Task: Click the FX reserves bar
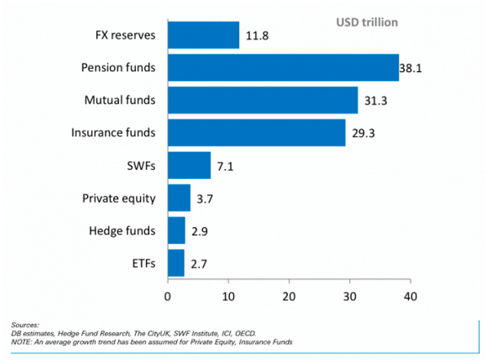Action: click(203, 35)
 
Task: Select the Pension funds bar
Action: click(283, 68)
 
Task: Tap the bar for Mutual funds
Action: click(262, 100)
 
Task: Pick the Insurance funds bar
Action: click(256, 132)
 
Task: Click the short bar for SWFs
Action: click(189, 165)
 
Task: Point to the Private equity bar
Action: click(179, 198)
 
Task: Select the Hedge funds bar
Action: click(176, 230)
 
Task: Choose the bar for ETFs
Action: click(176, 263)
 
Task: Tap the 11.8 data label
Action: click(257, 35)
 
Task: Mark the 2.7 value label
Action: click(198, 264)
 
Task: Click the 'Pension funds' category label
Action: click(118, 68)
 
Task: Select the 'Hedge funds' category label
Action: click(122, 231)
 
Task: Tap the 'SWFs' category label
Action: click(142, 166)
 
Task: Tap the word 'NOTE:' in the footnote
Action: click(23, 340)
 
